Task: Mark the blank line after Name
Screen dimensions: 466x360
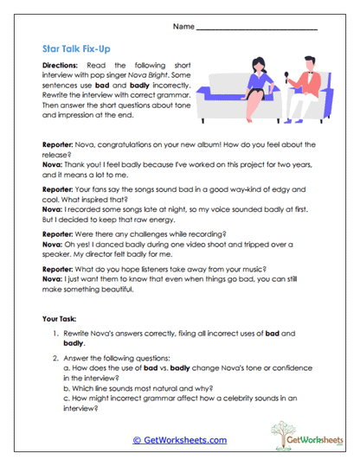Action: pyautogui.click(x=256, y=29)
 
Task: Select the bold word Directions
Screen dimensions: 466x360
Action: pyautogui.click(x=62, y=66)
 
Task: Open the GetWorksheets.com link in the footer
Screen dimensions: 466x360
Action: pyautogui.click(x=179, y=440)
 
